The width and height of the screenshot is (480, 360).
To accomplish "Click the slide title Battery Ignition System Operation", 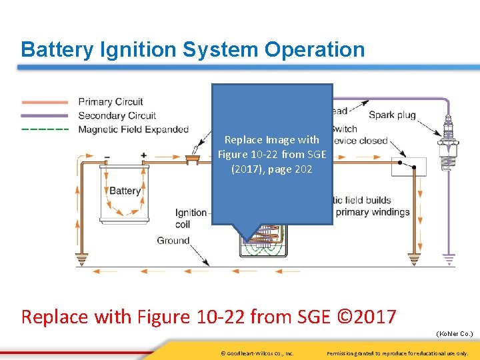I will (193, 49).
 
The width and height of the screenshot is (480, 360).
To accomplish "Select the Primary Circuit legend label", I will (111, 102).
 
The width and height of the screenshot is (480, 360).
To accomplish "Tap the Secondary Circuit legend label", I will (117, 115).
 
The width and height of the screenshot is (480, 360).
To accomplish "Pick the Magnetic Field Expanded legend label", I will (133, 129).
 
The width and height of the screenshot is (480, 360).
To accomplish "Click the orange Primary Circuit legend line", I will (45, 102).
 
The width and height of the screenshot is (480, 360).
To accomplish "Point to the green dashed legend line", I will (45, 129).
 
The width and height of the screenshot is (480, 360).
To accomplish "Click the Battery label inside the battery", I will (125, 191).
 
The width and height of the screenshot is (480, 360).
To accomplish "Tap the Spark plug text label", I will (392, 115).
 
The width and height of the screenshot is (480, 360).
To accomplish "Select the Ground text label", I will (173, 240).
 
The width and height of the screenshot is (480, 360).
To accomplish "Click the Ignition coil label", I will (191, 219).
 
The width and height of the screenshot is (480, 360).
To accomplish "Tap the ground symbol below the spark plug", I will (449, 257).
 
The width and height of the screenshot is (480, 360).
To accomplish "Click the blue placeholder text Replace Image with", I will (271, 140).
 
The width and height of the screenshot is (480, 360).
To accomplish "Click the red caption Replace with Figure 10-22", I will (209, 315).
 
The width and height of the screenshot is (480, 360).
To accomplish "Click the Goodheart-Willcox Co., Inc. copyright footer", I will (257, 353).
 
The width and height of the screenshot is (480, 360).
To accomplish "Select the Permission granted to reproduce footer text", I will (397, 353).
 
